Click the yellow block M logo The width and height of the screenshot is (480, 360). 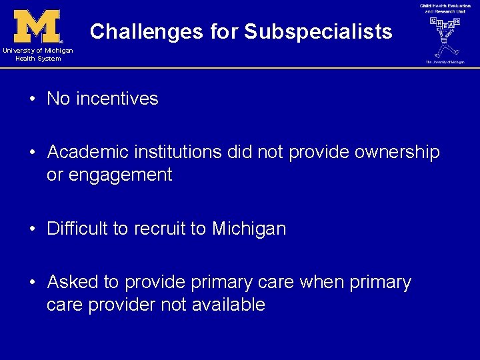tap(37, 26)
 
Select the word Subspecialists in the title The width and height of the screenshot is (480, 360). tap(318, 31)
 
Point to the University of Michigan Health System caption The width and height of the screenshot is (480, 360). tap(37, 55)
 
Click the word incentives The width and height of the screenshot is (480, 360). tap(117, 99)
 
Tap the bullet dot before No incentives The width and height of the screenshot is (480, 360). tap(32, 99)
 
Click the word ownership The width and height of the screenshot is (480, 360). tap(397, 152)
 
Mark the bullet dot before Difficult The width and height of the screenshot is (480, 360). tap(32, 229)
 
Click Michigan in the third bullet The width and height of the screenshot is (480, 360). tap(249, 229)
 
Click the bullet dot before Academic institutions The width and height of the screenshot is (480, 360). tap(32, 153)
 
